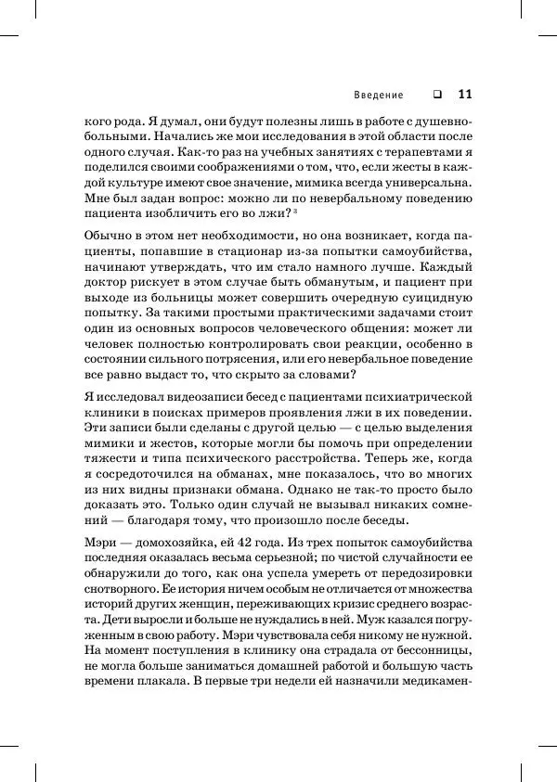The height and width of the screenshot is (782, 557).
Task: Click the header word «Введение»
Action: point(378,95)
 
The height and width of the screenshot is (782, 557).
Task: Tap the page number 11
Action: point(465,94)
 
